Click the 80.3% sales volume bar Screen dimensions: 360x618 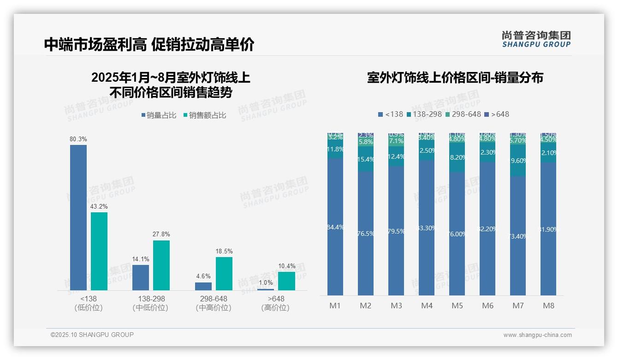click(x=78, y=217)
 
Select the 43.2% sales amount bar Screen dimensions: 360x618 click(x=99, y=251)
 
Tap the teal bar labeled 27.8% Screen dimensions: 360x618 click(x=161, y=265)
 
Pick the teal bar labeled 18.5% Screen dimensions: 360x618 click(x=224, y=274)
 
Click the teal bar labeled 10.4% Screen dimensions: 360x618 click(x=286, y=281)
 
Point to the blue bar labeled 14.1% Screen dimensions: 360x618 click(x=141, y=277)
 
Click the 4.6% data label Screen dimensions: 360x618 click(x=203, y=276)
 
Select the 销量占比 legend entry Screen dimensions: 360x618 click(x=159, y=115)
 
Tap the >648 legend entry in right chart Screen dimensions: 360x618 click(x=497, y=114)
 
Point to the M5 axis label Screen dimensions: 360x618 click(x=457, y=306)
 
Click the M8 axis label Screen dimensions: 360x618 click(x=548, y=306)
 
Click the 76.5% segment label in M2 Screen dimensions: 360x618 click(x=366, y=234)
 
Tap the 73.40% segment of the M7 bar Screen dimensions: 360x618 click(x=518, y=236)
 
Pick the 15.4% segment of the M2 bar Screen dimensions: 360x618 click(x=366, y=159)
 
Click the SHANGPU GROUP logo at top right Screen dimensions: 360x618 click(x=536, y=39)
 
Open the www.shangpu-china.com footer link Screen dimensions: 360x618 click(x=537, y=335)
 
